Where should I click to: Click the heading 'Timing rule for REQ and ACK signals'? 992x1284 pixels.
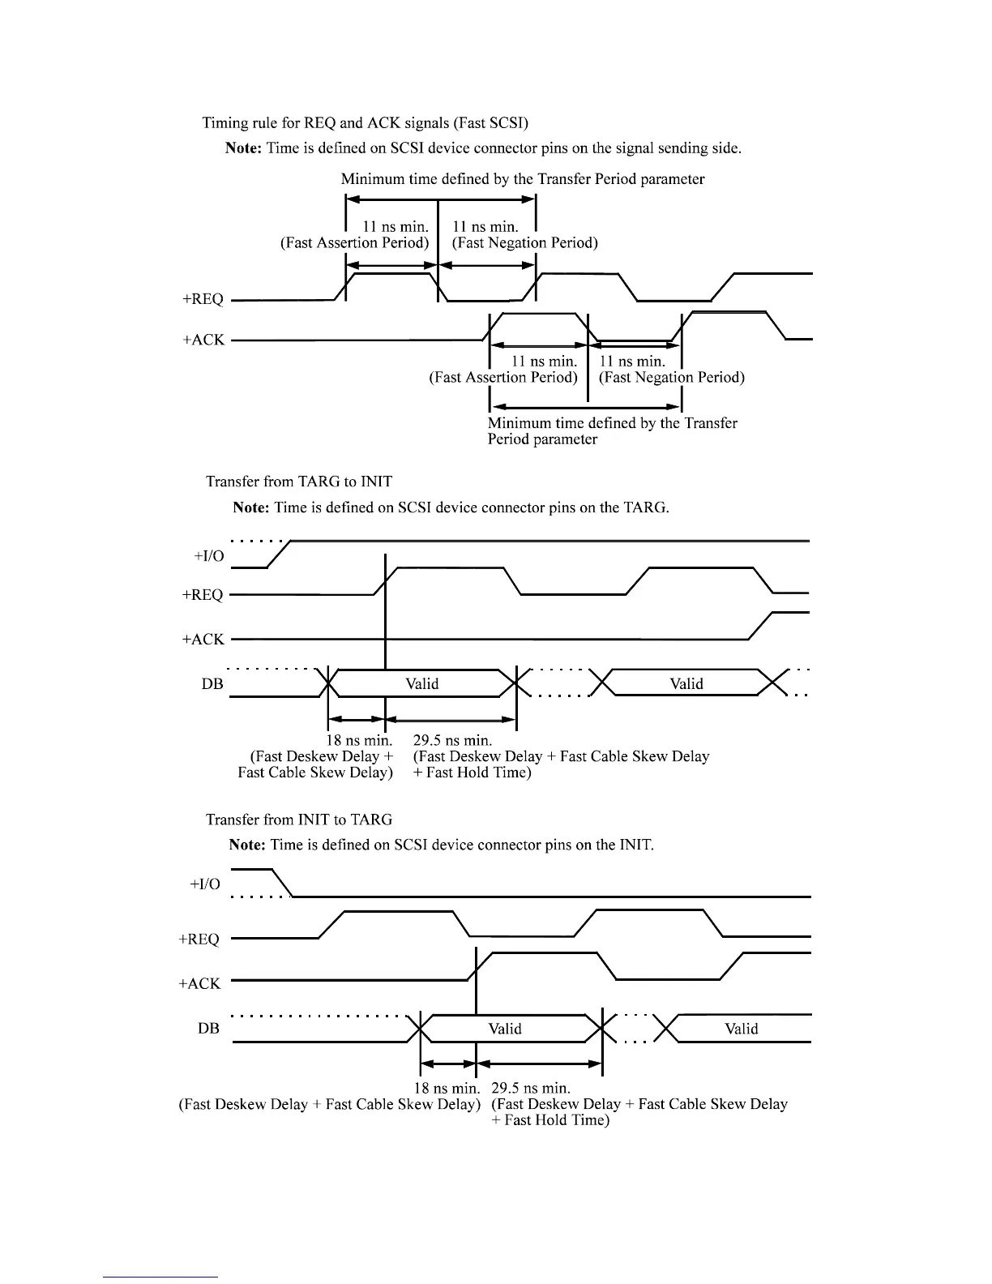click(365, 123)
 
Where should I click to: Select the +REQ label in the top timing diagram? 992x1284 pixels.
click(203, 299)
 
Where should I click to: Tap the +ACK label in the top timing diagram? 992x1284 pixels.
click(203, 340)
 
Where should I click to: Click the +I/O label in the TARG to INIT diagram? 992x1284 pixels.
click(208, 556)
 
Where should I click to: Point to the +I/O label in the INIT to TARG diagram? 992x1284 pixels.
click(204, 884)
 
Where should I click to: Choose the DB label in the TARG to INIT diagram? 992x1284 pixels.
click(212, 683)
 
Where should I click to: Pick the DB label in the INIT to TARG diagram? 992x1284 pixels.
click(208, 1028)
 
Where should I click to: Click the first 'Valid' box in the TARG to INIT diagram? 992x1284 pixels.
click(421, 683)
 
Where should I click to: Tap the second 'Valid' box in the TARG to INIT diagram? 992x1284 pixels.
click(686, 683)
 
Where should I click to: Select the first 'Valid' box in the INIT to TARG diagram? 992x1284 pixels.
click(505, 1029)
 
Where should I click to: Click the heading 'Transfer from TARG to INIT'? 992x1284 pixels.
click(299, 481)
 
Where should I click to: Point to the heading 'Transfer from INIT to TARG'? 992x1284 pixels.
click(299, 820)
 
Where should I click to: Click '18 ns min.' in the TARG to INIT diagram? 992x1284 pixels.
click(359, 740)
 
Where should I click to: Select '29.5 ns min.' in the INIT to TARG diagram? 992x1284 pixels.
click(531, 1088)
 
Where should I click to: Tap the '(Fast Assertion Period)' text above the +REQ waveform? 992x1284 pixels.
click(354, 243)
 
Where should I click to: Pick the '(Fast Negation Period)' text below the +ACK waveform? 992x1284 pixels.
click(671, 377)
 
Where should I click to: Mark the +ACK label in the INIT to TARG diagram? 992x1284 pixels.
click(199, 983)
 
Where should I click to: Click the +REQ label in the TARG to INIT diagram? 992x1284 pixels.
click(203, 595)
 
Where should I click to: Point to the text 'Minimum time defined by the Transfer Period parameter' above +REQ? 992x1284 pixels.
click(523, 179)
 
